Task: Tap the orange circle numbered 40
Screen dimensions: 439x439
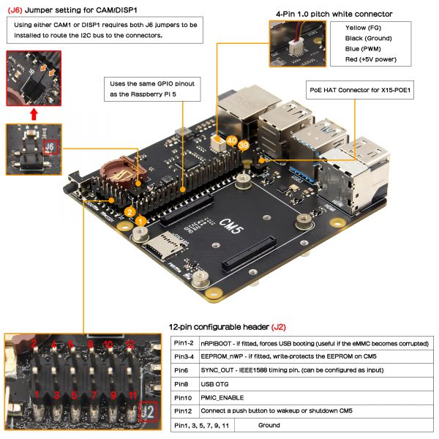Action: [x=232, y=139]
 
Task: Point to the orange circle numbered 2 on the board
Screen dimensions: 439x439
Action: [x=129, y=212]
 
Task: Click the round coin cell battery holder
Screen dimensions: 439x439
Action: [x=118, y=168]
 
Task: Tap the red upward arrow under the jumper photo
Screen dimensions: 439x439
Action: [x=34, y=114]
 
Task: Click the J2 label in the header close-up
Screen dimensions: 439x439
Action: [x=149, y=413]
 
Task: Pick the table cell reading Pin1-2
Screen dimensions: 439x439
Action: [x=184, y=341]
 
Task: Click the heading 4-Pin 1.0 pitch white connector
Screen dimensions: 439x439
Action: [x=334, y=14]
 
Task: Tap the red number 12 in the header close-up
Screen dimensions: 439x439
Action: [x=129, y=343]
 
